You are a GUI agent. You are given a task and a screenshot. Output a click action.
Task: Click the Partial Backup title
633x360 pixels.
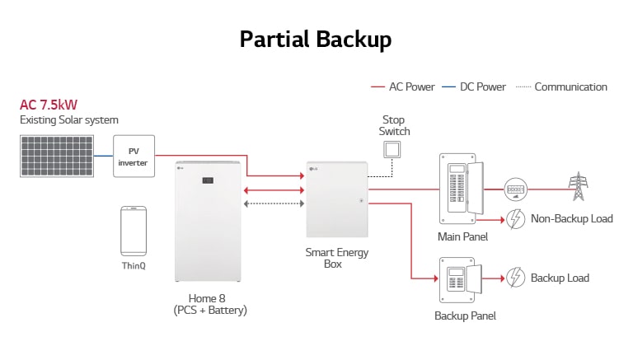tap(316, 39)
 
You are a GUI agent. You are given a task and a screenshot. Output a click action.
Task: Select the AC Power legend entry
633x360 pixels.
tap(403, 86)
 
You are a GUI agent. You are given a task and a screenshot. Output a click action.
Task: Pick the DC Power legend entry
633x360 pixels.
tap(474, 86)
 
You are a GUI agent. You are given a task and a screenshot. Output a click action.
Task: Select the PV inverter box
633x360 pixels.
tap(133, 155)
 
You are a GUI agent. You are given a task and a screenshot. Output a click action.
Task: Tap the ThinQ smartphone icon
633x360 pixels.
tap(134, 231)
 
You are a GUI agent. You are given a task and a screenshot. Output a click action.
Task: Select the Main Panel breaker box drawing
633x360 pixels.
tap(458, 189)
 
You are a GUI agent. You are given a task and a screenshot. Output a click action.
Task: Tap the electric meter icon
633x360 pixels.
tap(515, 189)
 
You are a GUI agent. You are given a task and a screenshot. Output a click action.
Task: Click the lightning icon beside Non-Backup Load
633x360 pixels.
tap(515, 219)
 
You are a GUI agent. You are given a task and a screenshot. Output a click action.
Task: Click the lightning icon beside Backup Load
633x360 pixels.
tap(515, 278)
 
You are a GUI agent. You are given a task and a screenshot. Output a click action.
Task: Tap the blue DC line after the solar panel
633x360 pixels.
tap(102, 155)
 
